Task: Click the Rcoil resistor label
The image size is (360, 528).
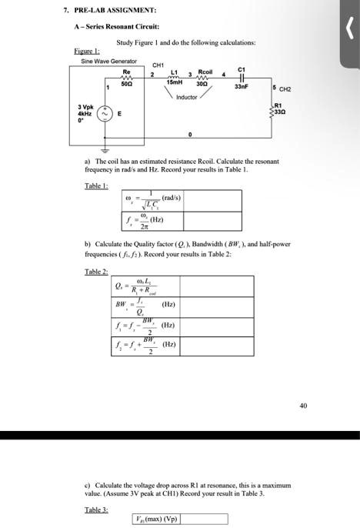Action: pos(205,70)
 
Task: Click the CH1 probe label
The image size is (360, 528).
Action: pos(160,65)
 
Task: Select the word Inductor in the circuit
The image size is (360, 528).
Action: pos(187,98)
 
